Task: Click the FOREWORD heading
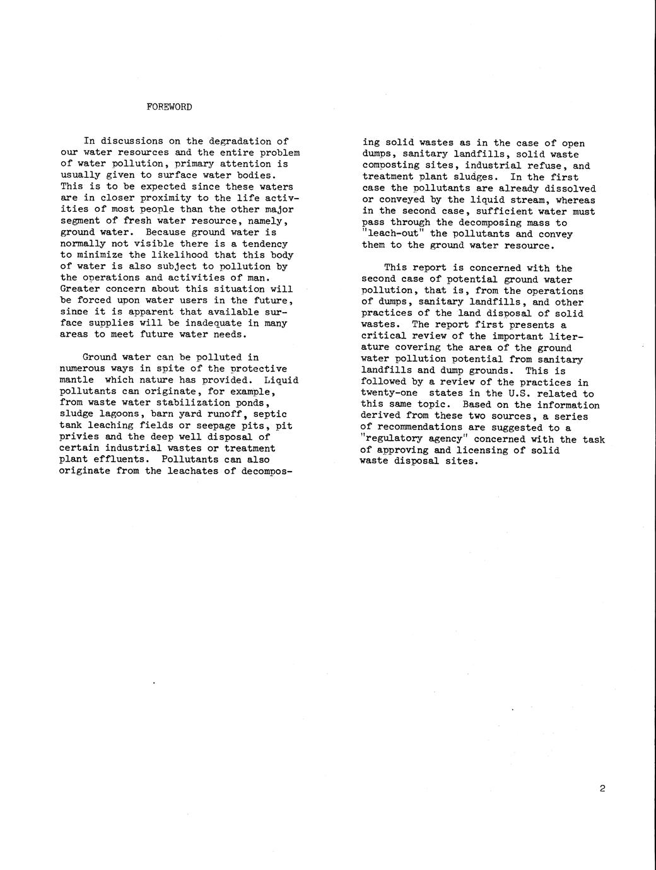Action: [169, 107]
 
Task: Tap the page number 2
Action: [602, 788]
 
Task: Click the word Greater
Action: [80, 289]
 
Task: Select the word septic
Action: [269, 414]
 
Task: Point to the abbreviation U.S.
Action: [519, 393]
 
